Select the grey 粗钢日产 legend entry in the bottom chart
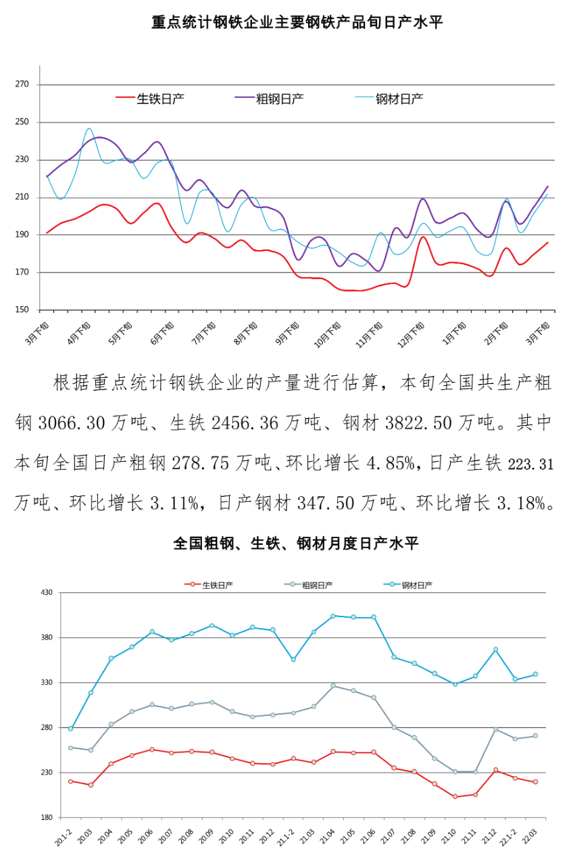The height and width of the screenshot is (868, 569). pyautogui.click(x=317, y=585)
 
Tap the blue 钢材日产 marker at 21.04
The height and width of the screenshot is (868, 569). pyautogui.click(x=333, y=616)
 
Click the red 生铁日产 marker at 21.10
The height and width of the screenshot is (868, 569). pyautogui.click(x=455, y=796)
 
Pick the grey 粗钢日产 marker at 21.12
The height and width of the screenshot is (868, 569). pyautogui.click(x=495, y=729)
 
